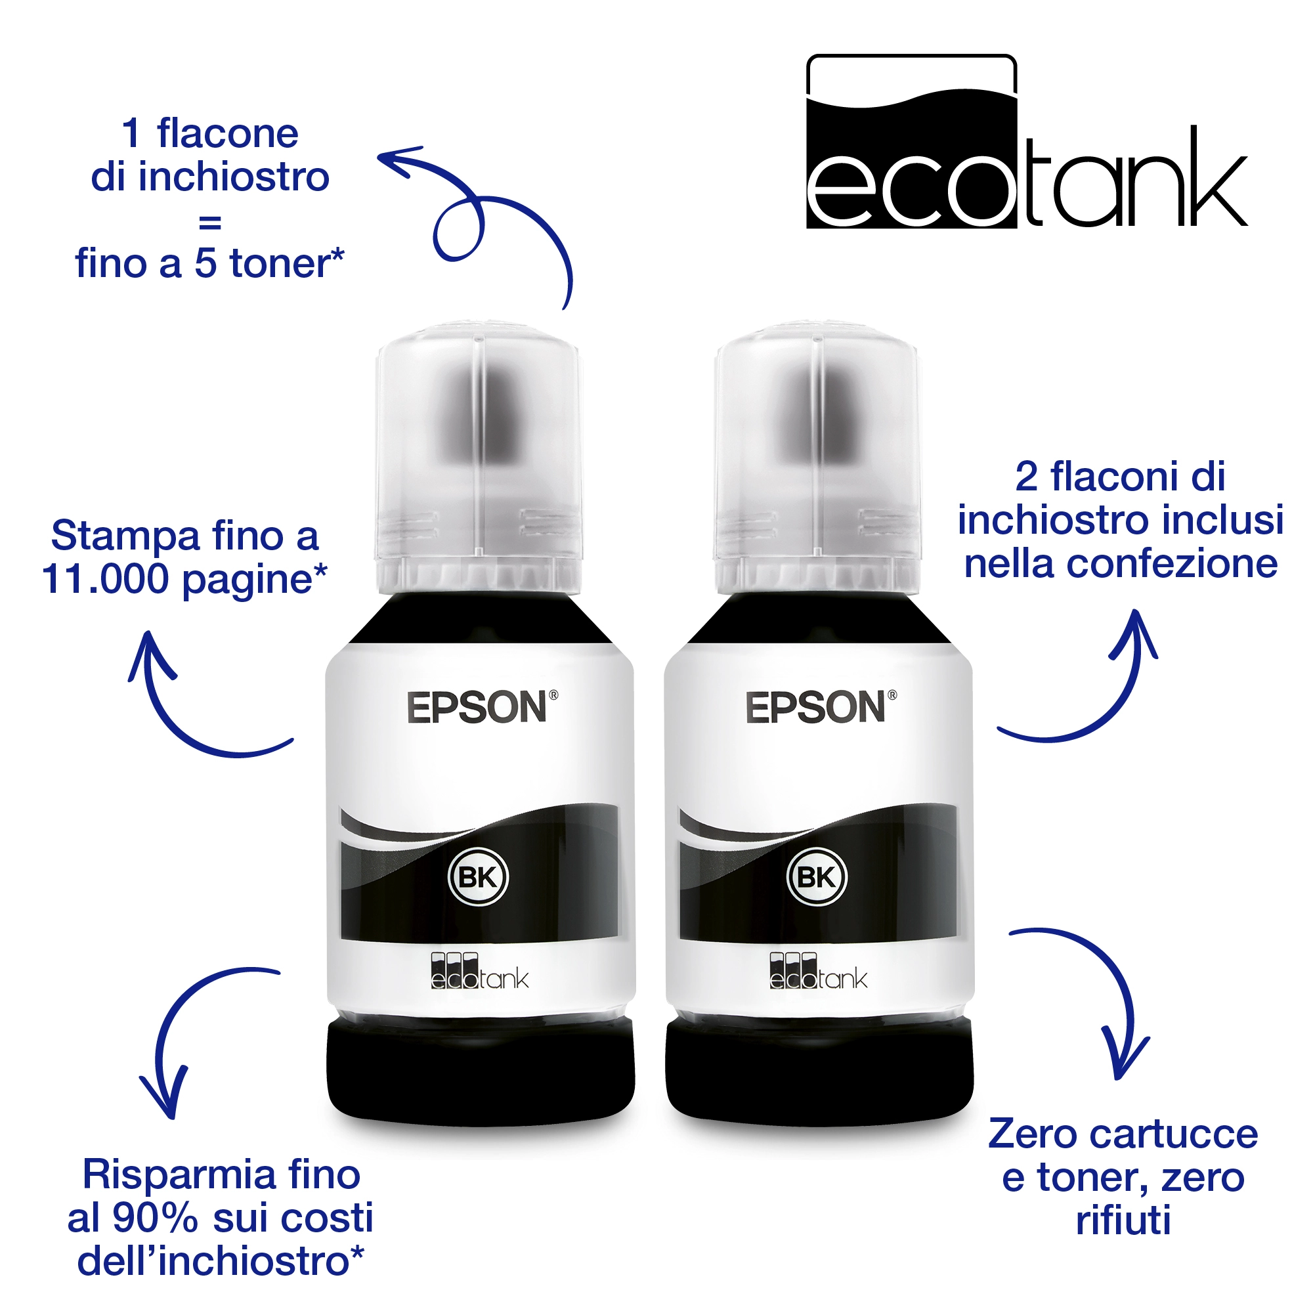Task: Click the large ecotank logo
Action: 1026,141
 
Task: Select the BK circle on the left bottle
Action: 479,877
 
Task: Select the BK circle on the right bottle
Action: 817,877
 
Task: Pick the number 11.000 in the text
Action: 105,579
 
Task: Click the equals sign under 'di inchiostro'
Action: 210,221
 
